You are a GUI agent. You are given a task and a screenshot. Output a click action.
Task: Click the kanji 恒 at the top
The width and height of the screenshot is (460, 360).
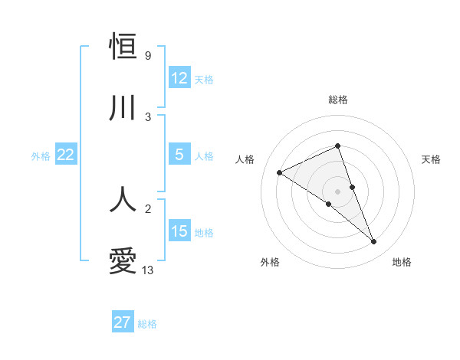point(123,47)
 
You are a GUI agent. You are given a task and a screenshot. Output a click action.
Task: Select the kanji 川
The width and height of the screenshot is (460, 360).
point(123,108)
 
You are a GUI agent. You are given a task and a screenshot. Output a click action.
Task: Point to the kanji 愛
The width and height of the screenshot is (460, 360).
point(123,261)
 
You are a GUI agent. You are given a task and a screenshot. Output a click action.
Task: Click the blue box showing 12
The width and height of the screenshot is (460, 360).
point(179,78)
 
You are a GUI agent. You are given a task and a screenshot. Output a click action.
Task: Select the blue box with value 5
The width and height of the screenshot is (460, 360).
point(179,155)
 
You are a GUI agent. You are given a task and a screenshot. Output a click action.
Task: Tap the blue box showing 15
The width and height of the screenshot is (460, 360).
point(179,231)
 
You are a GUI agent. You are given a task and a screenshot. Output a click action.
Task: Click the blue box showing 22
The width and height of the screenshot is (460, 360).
point(65,155)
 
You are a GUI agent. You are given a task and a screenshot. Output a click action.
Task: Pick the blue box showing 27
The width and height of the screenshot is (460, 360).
point(123,322)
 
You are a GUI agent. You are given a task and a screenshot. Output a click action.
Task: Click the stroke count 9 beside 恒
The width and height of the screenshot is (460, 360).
point(147,56)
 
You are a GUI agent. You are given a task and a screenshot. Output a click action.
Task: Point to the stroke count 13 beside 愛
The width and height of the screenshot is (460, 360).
point(148,270)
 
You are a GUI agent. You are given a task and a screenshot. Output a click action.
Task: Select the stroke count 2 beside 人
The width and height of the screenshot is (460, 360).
point(147,208)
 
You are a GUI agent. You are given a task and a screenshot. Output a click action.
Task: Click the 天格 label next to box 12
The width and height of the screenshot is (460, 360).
point(204,79)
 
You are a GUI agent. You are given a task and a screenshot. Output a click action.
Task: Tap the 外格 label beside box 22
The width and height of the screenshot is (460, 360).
point(41,155)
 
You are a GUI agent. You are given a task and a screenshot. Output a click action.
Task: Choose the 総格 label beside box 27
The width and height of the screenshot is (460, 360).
point(147,323)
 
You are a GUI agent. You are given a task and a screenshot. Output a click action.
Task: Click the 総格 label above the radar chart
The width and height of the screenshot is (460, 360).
point(337,100)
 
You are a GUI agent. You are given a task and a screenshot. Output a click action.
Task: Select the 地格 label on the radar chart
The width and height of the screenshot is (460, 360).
point(402,262)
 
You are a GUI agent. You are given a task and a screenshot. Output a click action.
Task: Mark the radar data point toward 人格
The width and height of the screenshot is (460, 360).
point(279,173)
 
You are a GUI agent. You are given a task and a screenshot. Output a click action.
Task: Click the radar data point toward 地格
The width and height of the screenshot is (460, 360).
point(374,242)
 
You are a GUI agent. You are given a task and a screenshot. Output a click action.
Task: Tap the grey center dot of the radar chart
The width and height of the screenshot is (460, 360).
point(337,191)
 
